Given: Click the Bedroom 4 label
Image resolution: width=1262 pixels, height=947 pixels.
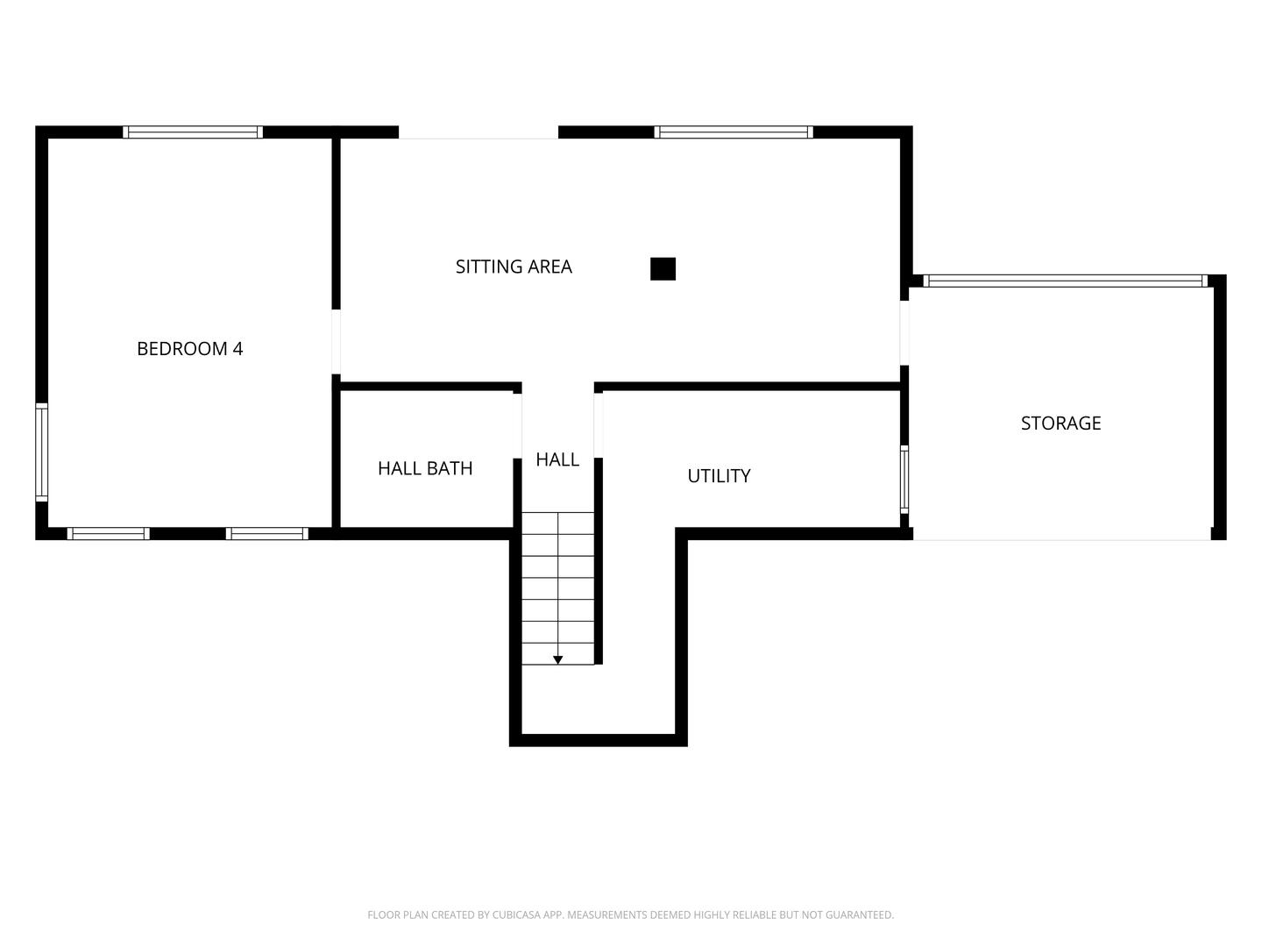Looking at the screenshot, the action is tap(189, 348).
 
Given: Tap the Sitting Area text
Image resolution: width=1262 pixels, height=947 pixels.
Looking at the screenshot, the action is tap(514, 267).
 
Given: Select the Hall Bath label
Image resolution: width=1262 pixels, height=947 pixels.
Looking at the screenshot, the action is tap(425, 468).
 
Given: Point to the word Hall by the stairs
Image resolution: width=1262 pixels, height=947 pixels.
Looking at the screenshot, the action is tap(557, 459).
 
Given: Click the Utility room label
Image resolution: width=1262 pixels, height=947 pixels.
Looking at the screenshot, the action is tap(719, 476).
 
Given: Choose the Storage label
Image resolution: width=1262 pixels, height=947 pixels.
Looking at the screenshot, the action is tap(1060, 424).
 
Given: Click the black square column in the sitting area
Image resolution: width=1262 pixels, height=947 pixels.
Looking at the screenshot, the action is tap(663, 268).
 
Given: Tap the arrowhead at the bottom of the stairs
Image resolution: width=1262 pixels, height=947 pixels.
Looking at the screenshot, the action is tap(557, 660).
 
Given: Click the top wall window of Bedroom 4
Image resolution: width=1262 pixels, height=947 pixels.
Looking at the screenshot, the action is tap(193, 132).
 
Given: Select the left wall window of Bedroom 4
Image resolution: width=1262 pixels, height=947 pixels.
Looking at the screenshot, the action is tap(41, 452).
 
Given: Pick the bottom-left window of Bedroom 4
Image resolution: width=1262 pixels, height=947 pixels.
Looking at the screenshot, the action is tap(108, 534).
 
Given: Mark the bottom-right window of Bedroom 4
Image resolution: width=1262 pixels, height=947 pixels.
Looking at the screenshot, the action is tap(266, 534).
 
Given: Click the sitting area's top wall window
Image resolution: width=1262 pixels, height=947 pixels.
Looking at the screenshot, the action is tap(734, 132).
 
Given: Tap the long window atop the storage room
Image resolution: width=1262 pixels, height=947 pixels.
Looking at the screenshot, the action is tap(1066, 281).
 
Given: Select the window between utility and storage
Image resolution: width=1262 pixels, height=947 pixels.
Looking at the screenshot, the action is tap(904, 480).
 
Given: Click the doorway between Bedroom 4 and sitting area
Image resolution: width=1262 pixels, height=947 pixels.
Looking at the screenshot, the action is tap(337, 342).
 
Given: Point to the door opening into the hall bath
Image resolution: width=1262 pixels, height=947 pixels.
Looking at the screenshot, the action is tap(517, 426).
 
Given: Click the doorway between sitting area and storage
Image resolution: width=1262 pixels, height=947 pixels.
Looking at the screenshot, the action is tap(904, 333).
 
